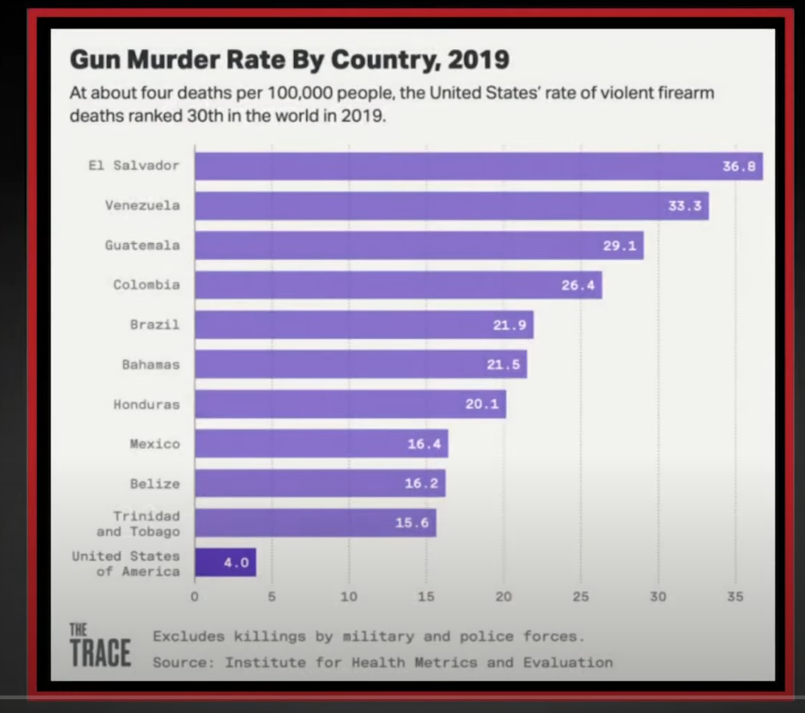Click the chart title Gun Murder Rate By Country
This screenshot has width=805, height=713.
coord(289,60)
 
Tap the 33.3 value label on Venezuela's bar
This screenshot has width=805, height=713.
coord(684,206)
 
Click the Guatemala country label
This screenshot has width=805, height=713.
coord(142,245)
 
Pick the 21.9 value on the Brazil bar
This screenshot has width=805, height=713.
coord(509,325)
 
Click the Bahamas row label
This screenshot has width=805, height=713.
coord(151,365)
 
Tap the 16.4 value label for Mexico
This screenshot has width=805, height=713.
coord(424,444)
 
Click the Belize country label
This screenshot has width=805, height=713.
coord(155,483)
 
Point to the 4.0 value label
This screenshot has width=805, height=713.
coord(236,562)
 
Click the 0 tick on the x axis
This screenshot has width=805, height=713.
coord(194,597)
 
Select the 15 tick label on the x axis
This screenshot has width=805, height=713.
coord(426,597)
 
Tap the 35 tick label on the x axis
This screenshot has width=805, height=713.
coord(735,597)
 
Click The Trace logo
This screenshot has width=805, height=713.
coord(100,646)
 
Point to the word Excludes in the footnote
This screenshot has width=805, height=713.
coord(189,636)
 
